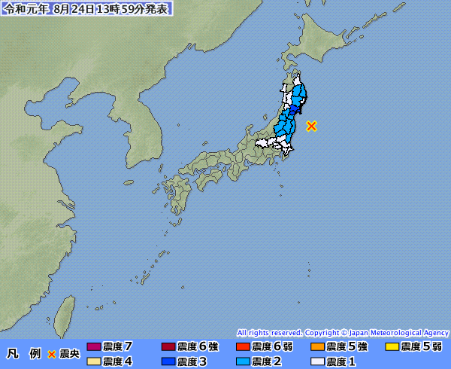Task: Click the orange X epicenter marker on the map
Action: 312,126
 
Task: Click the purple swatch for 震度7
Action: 93,347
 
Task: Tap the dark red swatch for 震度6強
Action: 168,347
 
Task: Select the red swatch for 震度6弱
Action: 242,347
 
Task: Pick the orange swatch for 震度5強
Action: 316,347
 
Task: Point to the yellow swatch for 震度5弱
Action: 391,347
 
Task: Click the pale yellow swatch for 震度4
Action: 93,361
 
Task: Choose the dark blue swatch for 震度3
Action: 168,361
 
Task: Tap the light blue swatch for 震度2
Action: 242,361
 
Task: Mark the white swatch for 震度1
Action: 316,361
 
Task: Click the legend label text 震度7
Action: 118,346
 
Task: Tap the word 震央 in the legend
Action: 69,353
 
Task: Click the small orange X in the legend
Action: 52,353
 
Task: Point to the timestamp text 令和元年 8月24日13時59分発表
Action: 86,9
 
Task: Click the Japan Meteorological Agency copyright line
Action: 343,332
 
